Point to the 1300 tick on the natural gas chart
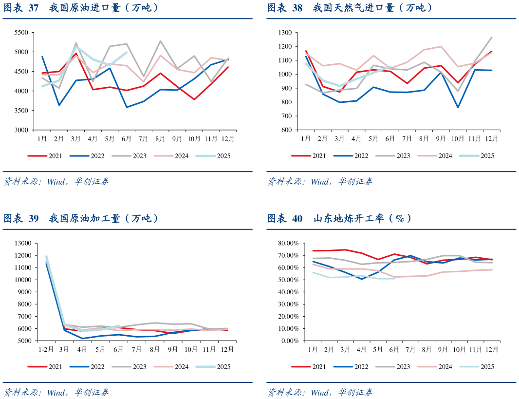(x=285, y=33)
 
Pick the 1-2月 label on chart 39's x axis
(x=46, y=349)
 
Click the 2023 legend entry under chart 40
(x=403, y=367)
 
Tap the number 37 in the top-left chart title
(x=33, y=8)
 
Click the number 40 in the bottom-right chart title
(x=297, y=219)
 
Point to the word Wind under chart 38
(x=319, y=182)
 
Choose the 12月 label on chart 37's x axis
(x=227, y=139)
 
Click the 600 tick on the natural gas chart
(x=286, y=130)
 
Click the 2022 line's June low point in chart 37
(x=127, y=107)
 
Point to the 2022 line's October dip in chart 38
(x=458, y=107)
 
